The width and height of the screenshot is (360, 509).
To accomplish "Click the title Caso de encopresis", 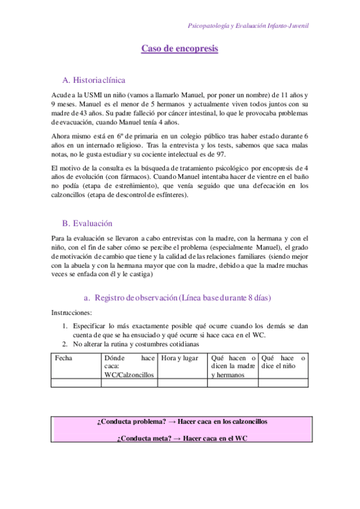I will (x=179, y=49).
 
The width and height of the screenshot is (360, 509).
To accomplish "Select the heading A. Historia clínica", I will (x=94, y=80).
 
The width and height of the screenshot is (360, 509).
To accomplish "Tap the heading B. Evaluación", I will (x=87, y=223).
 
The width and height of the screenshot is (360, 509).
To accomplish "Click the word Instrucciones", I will (x=71, y=313).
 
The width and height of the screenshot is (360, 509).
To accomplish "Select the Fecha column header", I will (x=63, y=358).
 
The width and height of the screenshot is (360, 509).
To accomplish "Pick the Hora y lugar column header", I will (x=177, y=358).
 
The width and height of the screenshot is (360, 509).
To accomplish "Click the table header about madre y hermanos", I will (x=233, y=366).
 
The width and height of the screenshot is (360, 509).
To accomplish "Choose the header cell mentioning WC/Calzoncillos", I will (x=128, y=366).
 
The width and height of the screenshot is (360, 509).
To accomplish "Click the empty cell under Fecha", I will (x=76, y=382).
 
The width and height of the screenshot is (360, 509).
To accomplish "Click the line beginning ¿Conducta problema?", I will (x=182, y=421).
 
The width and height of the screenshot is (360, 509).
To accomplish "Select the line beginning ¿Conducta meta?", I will (x=182, y=438).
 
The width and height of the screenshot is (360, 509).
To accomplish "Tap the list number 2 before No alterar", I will (x=65, y=344).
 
